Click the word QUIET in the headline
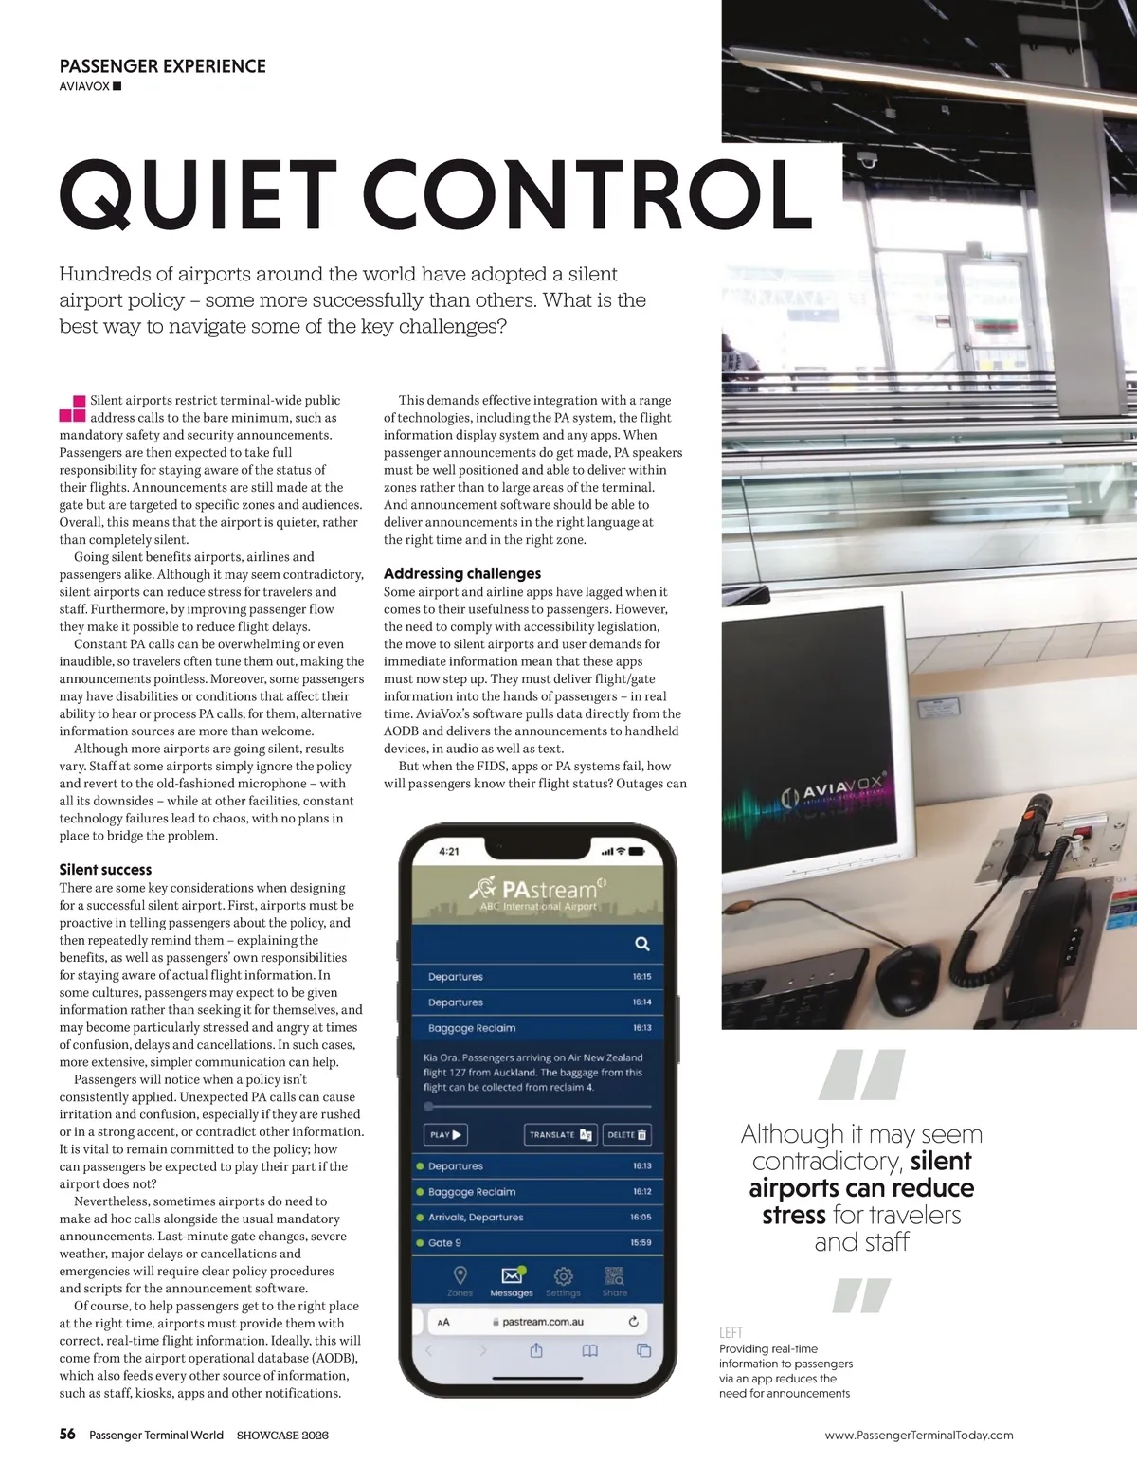tap(198, 195)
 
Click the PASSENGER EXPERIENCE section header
tap(162, 66)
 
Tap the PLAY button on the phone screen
tap(444, 1134)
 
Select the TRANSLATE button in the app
tap(560, 1134)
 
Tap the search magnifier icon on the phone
tap(641, 944)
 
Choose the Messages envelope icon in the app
tap(512, 1276)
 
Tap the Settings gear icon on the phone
tap(563, 1276)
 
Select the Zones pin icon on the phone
tap(460, 1276)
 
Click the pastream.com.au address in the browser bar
tap(542, 1322)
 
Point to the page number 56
tap(67, 1434)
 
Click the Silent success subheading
tap(105, 869)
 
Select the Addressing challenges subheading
tap(462, 573)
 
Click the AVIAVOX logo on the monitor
tap(834, 789)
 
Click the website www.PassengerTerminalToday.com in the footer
tap(918, 1436)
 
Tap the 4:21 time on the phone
tap(449, 851)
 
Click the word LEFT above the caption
tap(731, 1332)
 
